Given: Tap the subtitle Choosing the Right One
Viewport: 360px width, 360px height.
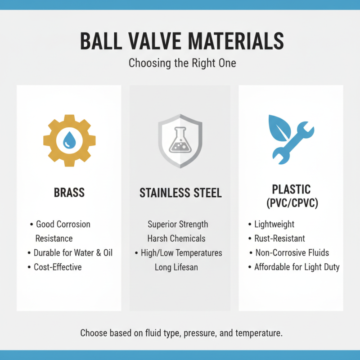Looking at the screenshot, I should pyautogui.click(x=182, y=63).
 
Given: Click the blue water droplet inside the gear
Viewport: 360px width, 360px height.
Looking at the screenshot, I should pyautogui.click(x=69, y=140).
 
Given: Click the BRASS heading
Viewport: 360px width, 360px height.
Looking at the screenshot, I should pyautogui.click(x=69, y=193).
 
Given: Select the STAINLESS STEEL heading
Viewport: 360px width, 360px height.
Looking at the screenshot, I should pyautogui.click(x=180, y=193).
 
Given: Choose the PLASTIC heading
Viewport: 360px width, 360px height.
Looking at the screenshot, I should pyautogui.click(x=291, y=189).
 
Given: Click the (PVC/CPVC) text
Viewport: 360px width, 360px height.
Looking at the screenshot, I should pyautogui.click(x=291, y=203).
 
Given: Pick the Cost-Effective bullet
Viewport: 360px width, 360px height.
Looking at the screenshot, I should pyautogui.click(x=58, y=267).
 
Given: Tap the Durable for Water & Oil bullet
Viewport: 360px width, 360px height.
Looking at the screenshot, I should pyautogui.click(x=73, y=252).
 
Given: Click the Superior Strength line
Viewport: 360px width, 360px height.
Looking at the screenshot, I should pyautogui.click(x=178, y=224).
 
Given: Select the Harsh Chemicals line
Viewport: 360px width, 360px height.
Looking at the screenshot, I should pyautogui.click(x=176, y=238).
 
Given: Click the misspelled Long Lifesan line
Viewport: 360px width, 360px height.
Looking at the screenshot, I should pyautogui.click(x=176, y=267).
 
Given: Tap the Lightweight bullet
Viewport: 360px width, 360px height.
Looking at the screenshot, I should pyautogui.click(x=274, y=224).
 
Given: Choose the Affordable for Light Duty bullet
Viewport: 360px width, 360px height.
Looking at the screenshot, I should pyautogui.click(x=297, y=267).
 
